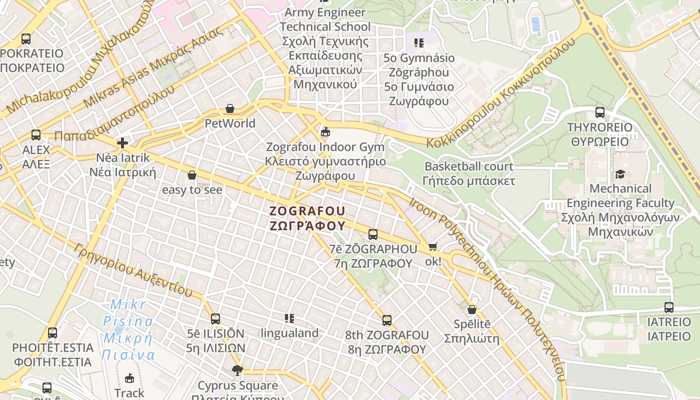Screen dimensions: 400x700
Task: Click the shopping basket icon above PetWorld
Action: [230, 108]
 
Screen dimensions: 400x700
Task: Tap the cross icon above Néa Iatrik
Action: [122, 143]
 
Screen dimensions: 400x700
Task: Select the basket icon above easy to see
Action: [191, 175]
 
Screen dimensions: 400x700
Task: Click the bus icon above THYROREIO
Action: [600, 112]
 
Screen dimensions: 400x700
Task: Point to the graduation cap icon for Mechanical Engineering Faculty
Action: [620, 174]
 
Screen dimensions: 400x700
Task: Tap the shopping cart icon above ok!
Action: [433, 246]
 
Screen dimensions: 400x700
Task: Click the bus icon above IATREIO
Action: [669, 307]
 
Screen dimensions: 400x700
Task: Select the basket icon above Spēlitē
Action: [471, 309]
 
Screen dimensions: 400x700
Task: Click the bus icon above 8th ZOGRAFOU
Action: [387, 320]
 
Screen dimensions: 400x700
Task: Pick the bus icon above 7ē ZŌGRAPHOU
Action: [373, 234]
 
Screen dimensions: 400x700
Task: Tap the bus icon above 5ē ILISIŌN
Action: [215, 318]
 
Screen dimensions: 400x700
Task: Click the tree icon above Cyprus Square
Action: [237, 370]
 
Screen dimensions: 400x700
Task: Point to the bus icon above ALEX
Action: [36, 134]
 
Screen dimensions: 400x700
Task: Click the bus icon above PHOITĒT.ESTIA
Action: [52, 332]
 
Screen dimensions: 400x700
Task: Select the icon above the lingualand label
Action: [289, 318]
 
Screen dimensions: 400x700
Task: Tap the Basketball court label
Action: [468, 166]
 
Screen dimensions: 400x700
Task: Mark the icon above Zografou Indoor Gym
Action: [325, 132]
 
